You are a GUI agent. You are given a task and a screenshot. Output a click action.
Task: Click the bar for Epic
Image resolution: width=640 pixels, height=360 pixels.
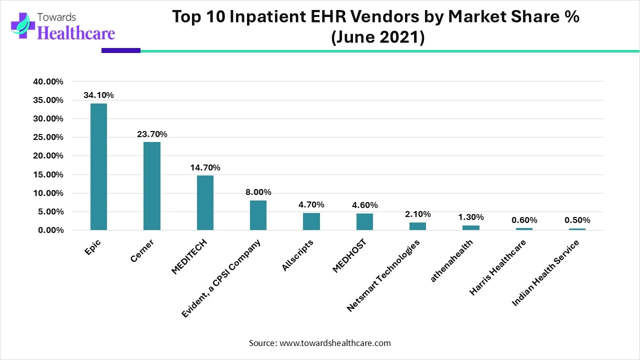pyautogui.click(x=98, y=166)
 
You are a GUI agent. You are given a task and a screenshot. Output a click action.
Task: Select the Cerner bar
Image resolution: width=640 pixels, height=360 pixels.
pyautogui.click(x=152, y=186)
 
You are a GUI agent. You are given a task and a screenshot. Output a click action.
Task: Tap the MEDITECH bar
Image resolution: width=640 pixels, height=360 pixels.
pyautogui.click(x=205, y=202)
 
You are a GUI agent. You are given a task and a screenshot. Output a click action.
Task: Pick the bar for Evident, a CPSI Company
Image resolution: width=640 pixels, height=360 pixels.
pyautogui.click(x=258, y=215)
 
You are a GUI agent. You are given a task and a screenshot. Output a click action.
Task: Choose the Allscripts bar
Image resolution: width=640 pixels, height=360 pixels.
pyautogui.click(x=311, y=221)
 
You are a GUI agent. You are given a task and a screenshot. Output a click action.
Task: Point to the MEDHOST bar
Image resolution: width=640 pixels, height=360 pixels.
pyautogui.click(x=364, y=221)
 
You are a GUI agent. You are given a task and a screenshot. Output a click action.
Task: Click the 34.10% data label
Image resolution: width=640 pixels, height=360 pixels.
pyautogui.click(x=98, y=95)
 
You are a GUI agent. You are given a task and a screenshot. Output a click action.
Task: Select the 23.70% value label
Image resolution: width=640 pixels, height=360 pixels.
pyautogui.click(x=152, y=134)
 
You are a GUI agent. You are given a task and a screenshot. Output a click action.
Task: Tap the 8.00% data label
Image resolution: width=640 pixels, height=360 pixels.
pyautogui.click(x=258, y=192)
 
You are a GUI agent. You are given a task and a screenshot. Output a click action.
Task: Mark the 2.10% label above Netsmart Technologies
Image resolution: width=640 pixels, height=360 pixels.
pyautogui.click(x=417, y=214)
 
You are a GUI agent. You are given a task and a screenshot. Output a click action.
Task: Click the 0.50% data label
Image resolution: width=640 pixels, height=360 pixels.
pyautogui.click(x=577, y=220)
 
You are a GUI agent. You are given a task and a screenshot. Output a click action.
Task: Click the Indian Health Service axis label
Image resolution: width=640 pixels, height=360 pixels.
pyautogui.click(x=545, y=273)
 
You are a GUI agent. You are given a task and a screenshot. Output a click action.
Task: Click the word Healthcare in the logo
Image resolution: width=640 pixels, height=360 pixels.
pyautogui.click(x=76, y=33)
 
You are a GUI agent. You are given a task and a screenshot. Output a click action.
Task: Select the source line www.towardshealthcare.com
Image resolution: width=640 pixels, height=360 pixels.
pyautogui.click(x=320, y=343)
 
